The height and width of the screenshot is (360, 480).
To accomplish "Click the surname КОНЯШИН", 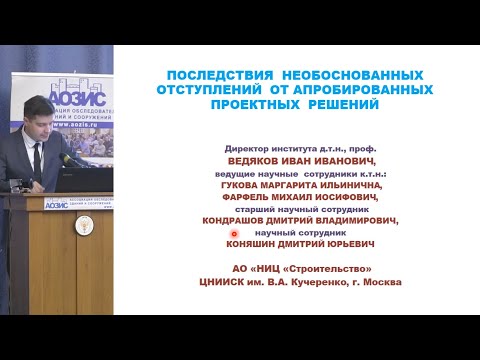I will click(x=260, y=246).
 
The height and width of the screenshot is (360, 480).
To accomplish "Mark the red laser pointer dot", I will click(x=248, y=233).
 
